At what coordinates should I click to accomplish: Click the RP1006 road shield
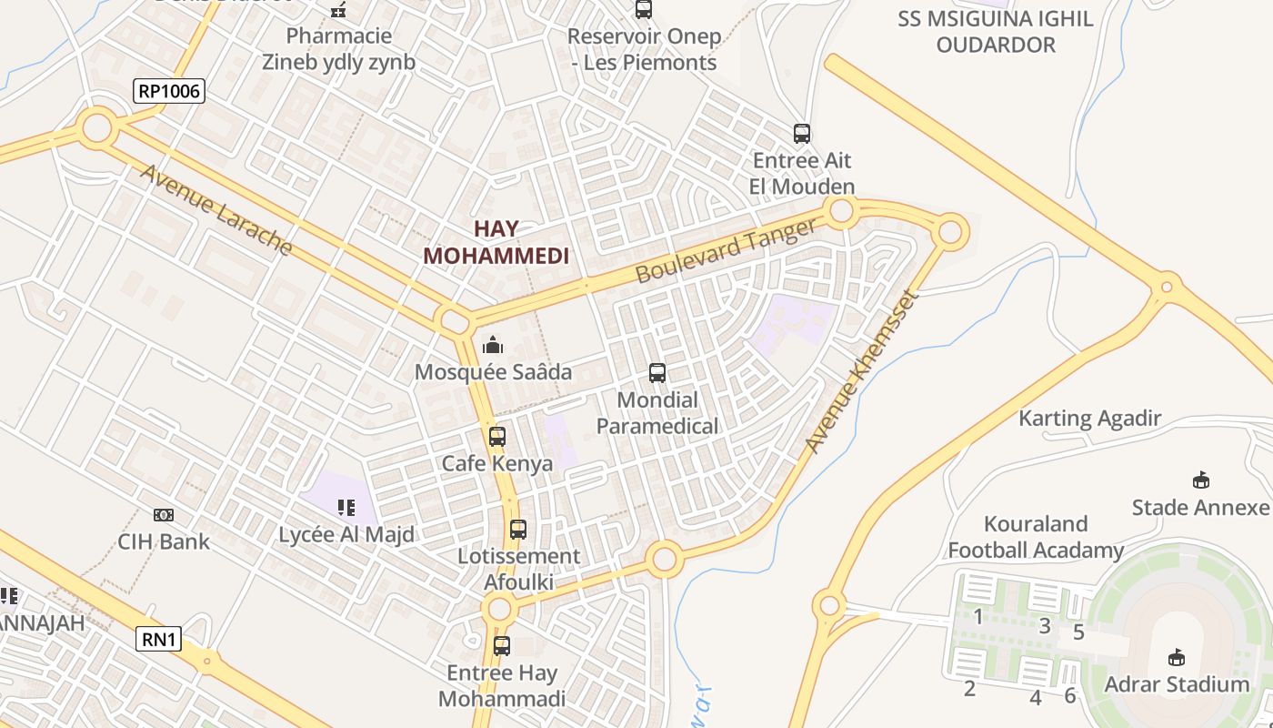coord(168,91)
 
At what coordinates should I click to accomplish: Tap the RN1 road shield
coord(159,640)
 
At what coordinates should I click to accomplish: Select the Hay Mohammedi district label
coord(496,243)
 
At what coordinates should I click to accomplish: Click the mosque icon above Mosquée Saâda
coord(493,345)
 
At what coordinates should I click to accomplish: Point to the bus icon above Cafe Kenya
coord(496,436)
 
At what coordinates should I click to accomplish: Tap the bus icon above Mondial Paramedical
coord(657,372)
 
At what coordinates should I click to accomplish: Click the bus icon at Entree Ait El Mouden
coord(801,134)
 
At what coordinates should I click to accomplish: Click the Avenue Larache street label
coord(216,210)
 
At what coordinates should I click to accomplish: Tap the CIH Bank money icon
coord(164,515)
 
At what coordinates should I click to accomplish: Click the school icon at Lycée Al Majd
coord(346,507)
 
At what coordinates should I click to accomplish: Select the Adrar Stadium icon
coord(1177,657)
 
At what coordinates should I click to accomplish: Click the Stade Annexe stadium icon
coord(1200,480)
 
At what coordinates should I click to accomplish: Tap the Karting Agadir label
coord(1089,419)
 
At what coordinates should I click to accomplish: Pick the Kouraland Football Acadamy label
coord(1036,537)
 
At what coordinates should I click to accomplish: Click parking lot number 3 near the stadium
coord(1045,625)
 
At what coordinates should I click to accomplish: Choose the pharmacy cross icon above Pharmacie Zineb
coord(338,11)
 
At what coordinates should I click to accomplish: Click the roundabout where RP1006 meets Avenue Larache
coord(96,127)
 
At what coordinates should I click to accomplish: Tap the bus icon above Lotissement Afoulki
coord(518,529)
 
